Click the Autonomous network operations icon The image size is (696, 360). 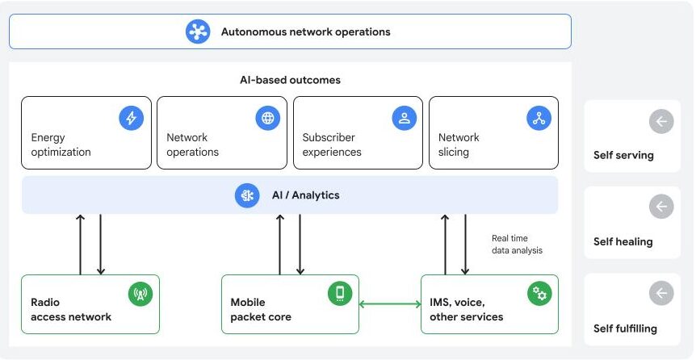198,31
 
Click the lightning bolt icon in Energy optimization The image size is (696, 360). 131,118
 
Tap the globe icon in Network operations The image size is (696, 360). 267,118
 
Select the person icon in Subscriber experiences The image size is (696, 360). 404,118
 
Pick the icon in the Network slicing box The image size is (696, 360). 539,118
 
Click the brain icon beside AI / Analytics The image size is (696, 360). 247,195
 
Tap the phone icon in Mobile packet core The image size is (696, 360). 340,294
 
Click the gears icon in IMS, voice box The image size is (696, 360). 539,294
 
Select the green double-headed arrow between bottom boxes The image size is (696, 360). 389,304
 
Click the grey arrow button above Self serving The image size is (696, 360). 660,121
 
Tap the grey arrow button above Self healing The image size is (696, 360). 660,207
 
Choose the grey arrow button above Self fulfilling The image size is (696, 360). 660,293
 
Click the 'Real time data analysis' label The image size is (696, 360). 517,245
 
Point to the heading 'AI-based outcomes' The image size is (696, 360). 290,80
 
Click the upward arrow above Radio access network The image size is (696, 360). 80,245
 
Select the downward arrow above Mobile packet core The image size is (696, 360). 300,245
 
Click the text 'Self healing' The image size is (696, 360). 623,241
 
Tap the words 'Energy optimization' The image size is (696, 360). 61,144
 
